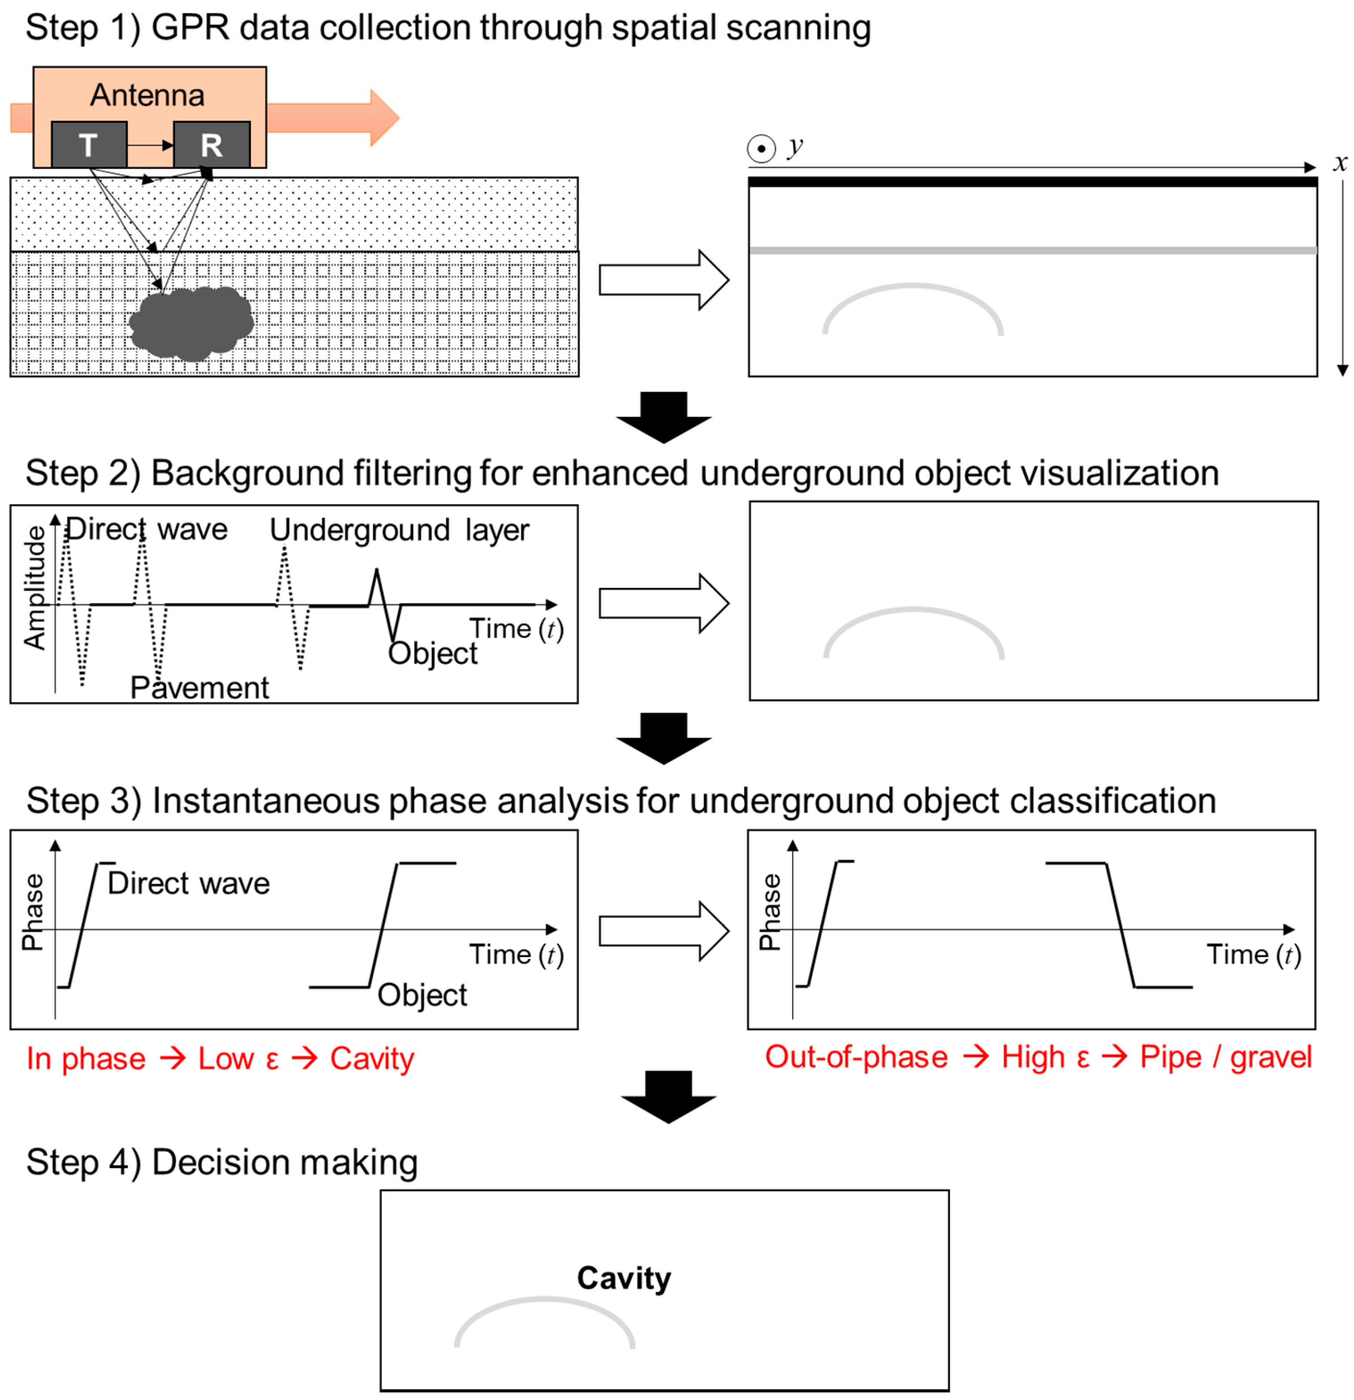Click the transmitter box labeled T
tap(89, 145)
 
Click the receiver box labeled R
tap(211, 145)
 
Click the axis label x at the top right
tap(1340, 163)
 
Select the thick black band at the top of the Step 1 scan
tap(1032, 182)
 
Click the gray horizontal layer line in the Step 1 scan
tap(1032, 251)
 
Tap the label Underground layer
tap(399, 530)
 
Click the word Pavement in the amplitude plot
tap(199, 688)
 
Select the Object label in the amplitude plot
tap(432, 653)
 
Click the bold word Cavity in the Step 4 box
tap(623, 1278)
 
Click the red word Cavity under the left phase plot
tap(371, 1058)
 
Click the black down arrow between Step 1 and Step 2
tap(663, 417)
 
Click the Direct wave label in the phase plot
tap(189, 884)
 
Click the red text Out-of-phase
tap(856, 1057)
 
